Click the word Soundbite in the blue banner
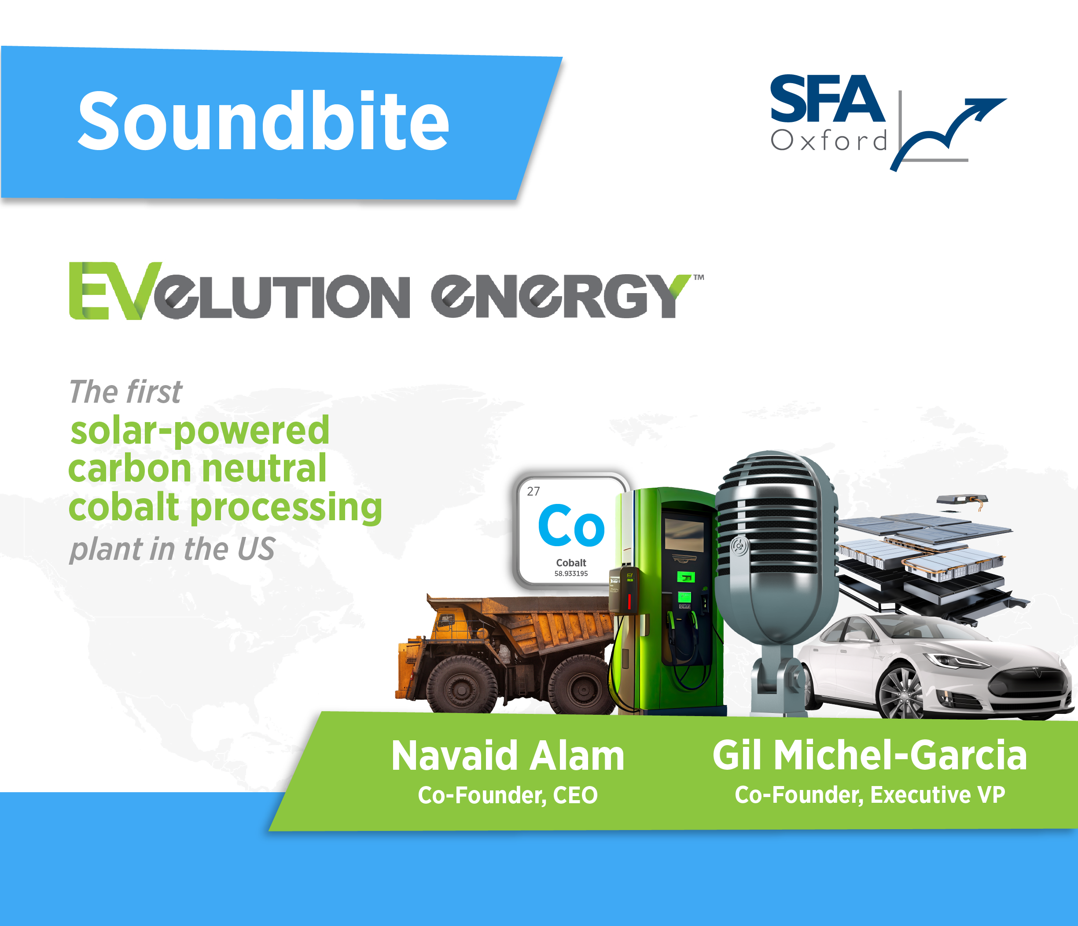263,121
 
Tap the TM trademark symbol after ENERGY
699,278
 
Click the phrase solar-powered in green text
200,431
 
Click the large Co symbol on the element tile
571,525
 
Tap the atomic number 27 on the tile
533,491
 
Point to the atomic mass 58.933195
571,573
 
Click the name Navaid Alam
508,755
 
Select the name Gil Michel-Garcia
870,755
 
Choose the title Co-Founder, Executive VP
870,795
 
